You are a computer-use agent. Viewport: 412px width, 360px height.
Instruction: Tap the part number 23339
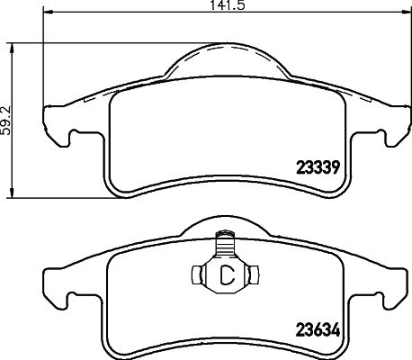[x=318, y=166]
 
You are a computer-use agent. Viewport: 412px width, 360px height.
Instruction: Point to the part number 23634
[x=318, y=329]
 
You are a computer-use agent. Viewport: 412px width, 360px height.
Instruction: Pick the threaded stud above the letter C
[x=225, y=245]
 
